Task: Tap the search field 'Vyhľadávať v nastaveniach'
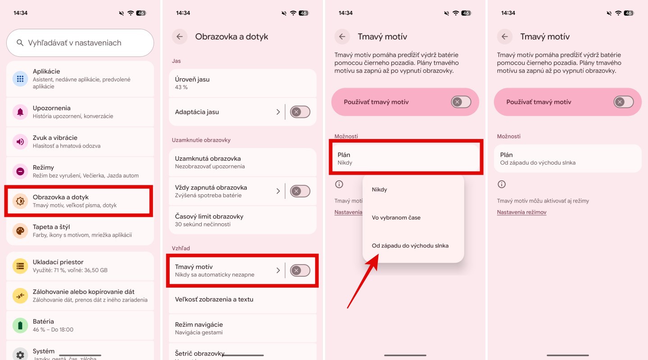point(80,43)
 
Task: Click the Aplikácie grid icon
point(20,79)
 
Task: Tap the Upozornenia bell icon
point(20,112)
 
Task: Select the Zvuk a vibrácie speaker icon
point(20,142)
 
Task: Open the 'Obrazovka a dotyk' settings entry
point(79,201)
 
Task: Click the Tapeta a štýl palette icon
point(20,231)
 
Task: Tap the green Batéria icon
point(20,325)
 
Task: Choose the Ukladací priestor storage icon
point(20,266)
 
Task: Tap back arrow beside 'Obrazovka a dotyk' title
point(180,36)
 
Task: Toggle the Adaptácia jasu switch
point(300,112)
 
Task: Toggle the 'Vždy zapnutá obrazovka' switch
point(300,191)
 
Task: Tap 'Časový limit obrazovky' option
point(242,220)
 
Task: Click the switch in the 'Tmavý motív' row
point(300,270)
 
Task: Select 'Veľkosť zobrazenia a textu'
point(214,299)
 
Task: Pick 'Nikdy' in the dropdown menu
point(379,189)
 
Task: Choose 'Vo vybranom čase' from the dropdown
point(396,217)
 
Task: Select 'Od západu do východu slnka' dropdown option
point(410,246)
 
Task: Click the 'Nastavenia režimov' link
point(521,212)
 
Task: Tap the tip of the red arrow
point(378,254)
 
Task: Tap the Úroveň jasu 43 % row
point(242,83)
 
